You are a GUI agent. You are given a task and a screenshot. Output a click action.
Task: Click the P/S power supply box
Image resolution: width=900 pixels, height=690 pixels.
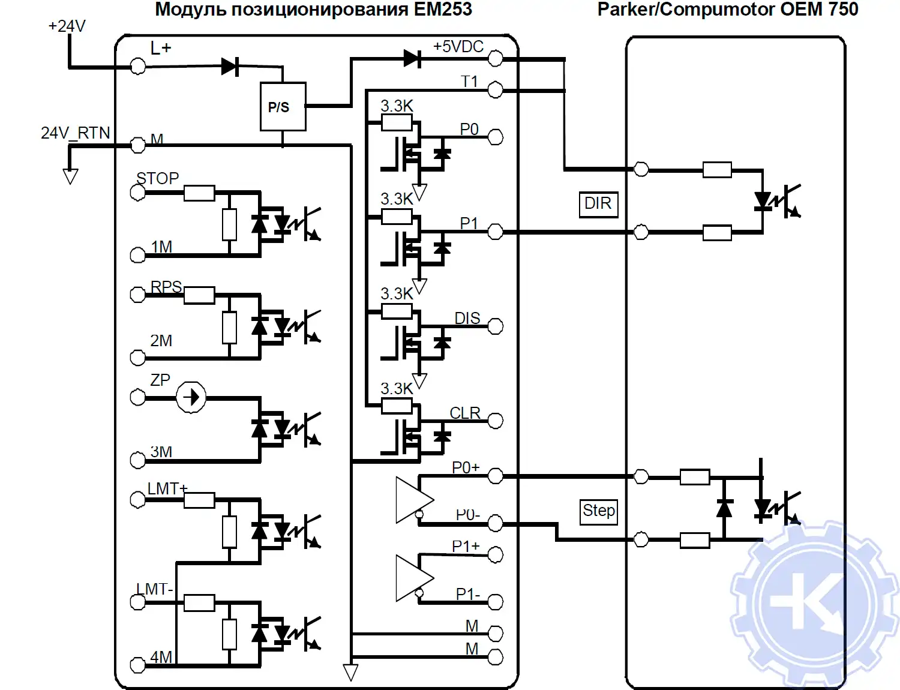[283, 107]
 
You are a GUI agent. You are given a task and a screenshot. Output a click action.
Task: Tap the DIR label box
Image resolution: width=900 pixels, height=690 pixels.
[598, 204]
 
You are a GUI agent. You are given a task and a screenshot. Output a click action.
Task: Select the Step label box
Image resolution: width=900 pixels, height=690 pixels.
[599, 511]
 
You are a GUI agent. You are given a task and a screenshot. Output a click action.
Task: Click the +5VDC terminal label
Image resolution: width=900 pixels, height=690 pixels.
[458, 47]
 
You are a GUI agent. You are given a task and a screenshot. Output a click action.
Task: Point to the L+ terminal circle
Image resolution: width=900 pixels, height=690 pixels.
[138, 66]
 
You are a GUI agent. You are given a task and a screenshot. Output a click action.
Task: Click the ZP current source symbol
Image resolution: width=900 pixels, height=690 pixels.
[191, 397]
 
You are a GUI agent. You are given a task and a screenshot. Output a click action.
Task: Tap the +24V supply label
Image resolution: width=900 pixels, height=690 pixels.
[67, 26]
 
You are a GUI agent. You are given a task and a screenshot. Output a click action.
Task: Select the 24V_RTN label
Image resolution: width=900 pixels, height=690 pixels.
[75, 133]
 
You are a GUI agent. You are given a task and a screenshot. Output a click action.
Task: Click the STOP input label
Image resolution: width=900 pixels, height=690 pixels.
[157, 178]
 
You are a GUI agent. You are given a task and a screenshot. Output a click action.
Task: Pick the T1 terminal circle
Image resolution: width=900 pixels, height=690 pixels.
[495, 90]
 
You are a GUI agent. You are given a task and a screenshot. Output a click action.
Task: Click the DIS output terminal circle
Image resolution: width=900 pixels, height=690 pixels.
[495, 326]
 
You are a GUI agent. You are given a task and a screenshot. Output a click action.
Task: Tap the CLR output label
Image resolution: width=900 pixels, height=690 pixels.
[465, 413]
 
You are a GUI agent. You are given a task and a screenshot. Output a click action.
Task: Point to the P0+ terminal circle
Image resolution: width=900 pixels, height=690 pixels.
[495, 476]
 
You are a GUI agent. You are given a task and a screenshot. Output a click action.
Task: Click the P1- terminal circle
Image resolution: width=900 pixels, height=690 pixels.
[495, 602]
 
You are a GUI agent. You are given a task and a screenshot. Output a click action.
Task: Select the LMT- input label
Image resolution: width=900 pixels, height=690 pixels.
[154, 589]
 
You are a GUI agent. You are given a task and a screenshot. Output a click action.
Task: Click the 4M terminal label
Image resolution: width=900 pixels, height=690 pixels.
[161, 657]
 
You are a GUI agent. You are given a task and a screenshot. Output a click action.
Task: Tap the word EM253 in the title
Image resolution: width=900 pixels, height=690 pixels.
[443, 10]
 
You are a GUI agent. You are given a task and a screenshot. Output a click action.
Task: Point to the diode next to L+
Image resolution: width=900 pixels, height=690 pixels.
[230, 67]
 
